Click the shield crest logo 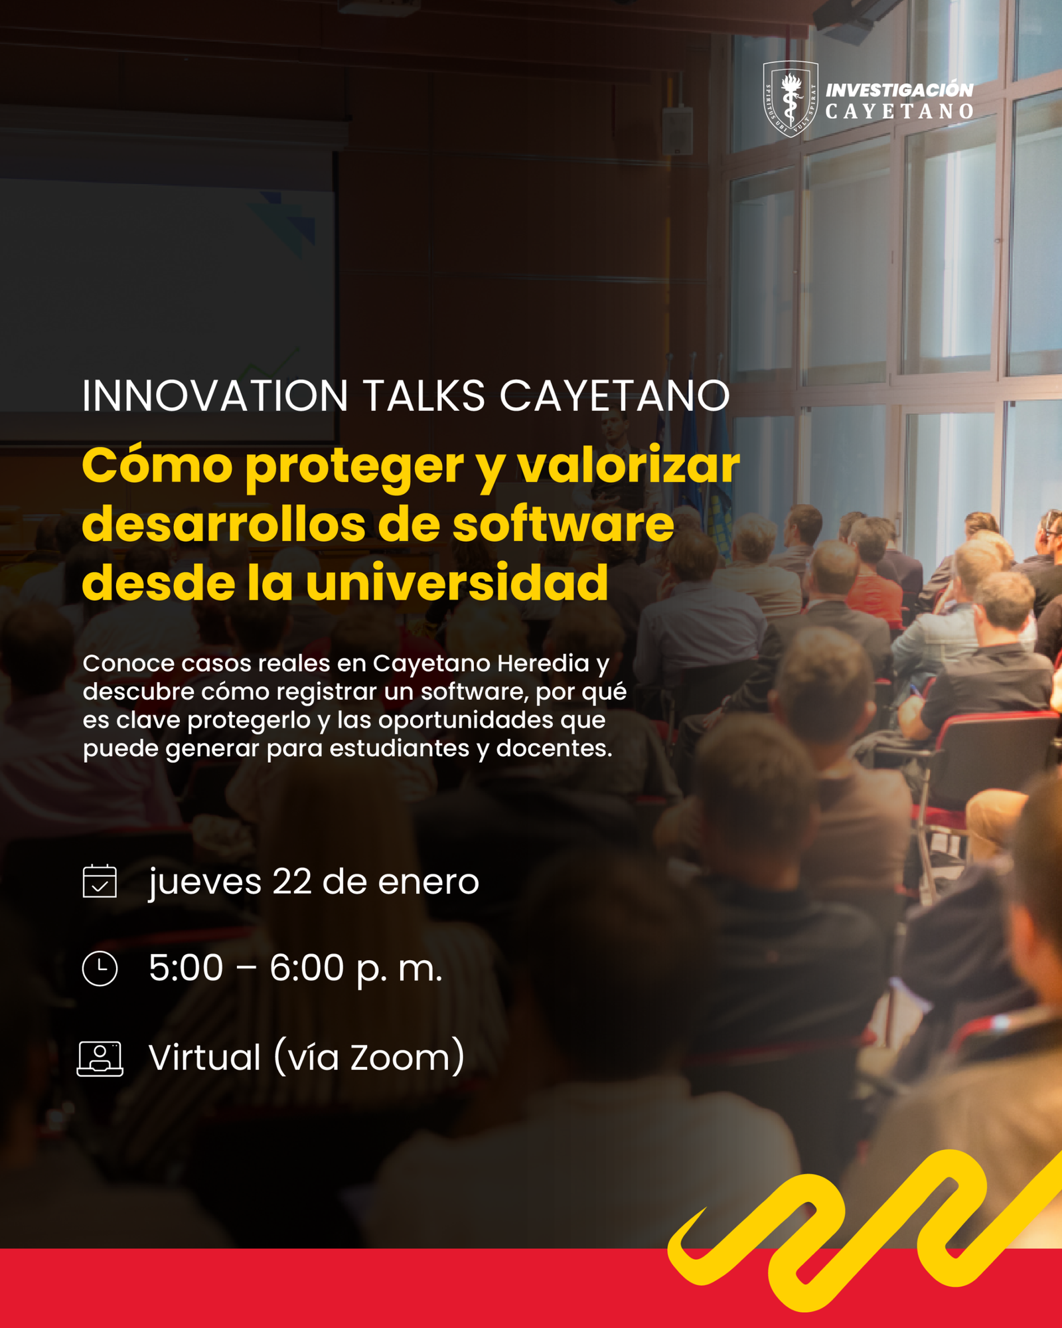pyautogui.click(x=790, y=98)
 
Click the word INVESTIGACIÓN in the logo pyautogui.click(x=899, y=90)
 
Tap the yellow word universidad pyautogui.click(x=457, y=582)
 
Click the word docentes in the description pyautogui.click(x=554, y=748)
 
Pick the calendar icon pyautogui.click(x=100, y=881)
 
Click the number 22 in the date pyautogui.click(x=292, y=882)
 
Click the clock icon pyautogui.click(x=100, y=968)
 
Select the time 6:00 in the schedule pyautogui.click(x=307, y=967)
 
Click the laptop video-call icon pyautogui.click(x=100, y=1058)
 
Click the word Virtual pyautogui.click(x=205, y=1057)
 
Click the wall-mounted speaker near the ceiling pyautogui.click(x=677, y=130)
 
